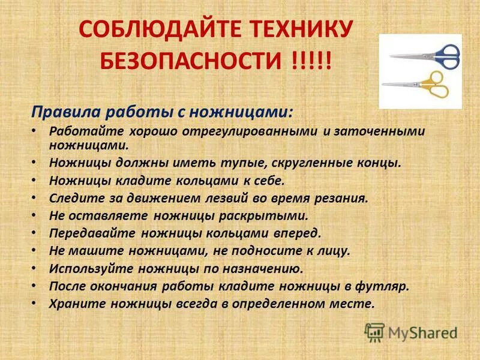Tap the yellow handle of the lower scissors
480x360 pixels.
[434, 85]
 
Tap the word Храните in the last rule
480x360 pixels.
[74, 304]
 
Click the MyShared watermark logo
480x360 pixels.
[411, 332]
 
